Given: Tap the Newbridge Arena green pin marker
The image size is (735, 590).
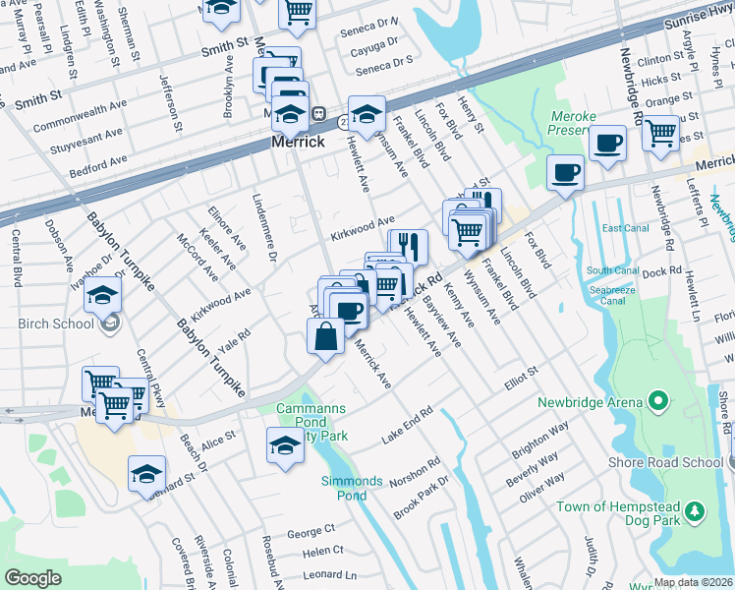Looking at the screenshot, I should point(658,401).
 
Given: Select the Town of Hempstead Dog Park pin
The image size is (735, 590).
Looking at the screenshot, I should point(695,511).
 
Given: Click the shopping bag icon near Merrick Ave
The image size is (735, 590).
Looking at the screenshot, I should point(325,335).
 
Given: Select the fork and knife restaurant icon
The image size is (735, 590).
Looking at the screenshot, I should point(408,246).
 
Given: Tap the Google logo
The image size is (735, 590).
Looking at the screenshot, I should point(32,578).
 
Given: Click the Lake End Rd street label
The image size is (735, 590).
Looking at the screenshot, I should point(407,425).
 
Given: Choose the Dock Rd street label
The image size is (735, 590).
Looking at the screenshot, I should point(662,271).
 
